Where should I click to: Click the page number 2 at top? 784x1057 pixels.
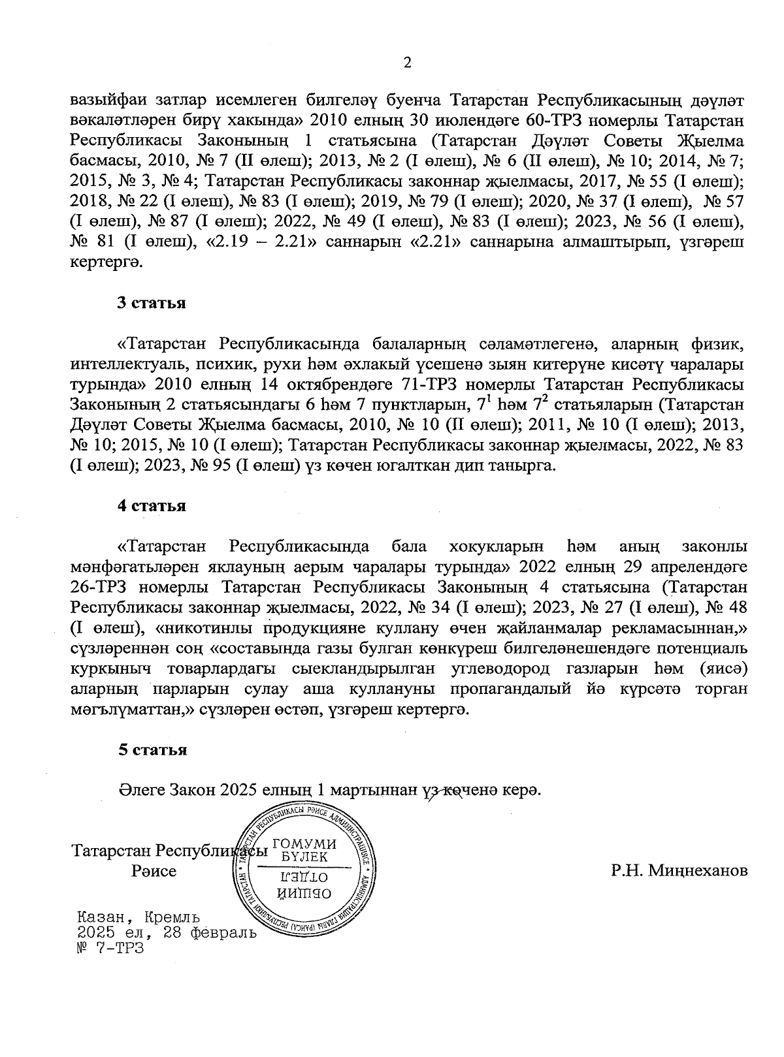[408, 63]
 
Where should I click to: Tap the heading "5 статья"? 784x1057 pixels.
[152, 749]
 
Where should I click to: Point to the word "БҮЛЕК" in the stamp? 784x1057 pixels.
[304, 857]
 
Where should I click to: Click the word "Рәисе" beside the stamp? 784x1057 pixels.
[154, 871]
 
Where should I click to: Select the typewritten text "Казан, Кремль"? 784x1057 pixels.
[139, 918]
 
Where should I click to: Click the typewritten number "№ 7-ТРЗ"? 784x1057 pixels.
[109, 947]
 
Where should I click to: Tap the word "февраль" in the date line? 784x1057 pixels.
[222, 932]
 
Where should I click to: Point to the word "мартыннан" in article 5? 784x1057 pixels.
[372, 789]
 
